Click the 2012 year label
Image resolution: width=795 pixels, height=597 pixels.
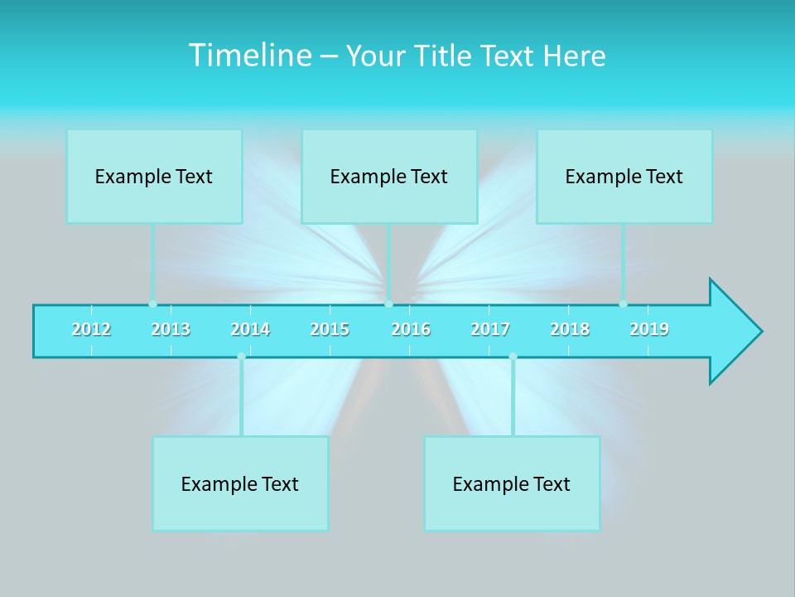point(91,330)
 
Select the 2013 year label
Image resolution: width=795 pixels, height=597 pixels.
point(171,330)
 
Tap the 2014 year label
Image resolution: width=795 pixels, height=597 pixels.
point(250,330)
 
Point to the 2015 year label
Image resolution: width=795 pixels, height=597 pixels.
point(330,330)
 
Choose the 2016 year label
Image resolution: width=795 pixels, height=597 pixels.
point(411,330)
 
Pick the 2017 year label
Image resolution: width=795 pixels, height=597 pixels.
point(490,330)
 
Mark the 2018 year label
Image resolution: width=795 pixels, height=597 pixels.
point(570,330)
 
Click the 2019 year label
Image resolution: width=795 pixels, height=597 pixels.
point(649,330)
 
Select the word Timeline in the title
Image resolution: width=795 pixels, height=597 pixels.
point(248,56)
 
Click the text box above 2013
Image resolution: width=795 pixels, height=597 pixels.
point(154,176)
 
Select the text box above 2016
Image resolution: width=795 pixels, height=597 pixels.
point(389,176)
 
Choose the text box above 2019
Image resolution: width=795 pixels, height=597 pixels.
point(624,176)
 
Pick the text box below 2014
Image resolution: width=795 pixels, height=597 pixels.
point(240,483)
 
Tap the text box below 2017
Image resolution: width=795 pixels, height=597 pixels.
point(512,483)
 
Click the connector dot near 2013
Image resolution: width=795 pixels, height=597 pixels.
point(152,303)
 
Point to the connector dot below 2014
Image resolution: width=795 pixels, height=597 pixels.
point(241,357)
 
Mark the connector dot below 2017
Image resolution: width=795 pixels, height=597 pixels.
point(513,357)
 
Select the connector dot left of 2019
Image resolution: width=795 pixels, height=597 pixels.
point(623,303)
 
